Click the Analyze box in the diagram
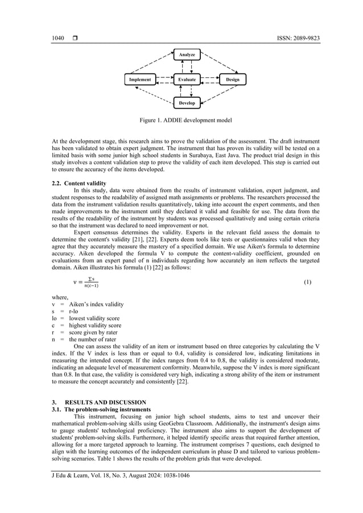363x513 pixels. coord(187,55)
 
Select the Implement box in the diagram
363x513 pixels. coord(140,80)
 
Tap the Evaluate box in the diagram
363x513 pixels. coord(187,80)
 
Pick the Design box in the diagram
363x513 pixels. coord(233,80)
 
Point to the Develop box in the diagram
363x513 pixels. coord(187,103)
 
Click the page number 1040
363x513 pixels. coord(58,38)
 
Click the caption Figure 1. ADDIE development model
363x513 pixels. coord(186,121)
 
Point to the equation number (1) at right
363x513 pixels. coord(307,282)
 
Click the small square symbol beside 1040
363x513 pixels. coord(75,38)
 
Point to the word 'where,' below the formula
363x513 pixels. coord(60,297)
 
